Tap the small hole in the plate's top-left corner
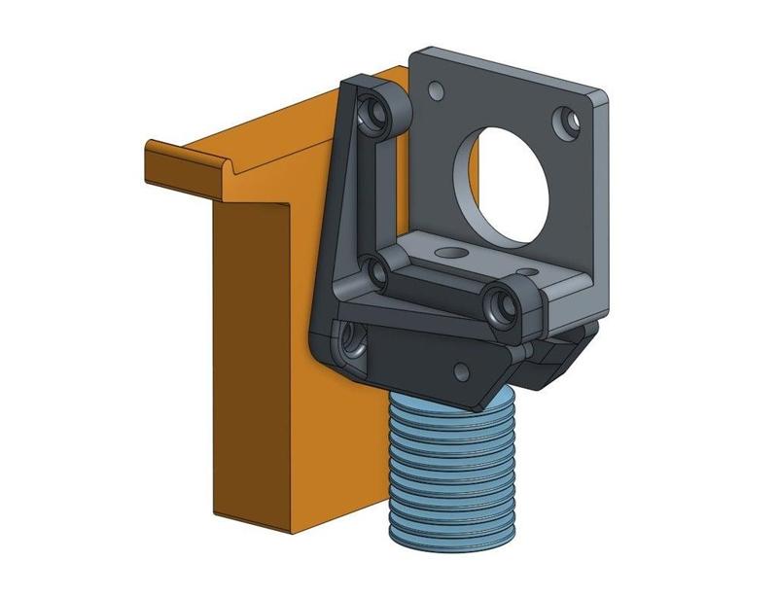point(435,90)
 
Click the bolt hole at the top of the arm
point(373,112)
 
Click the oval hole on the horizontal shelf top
point(450,251)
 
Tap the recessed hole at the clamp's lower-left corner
point(350,339)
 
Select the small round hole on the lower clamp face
point(460,369)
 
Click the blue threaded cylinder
point(452,467)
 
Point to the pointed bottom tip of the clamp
point(482,401)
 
